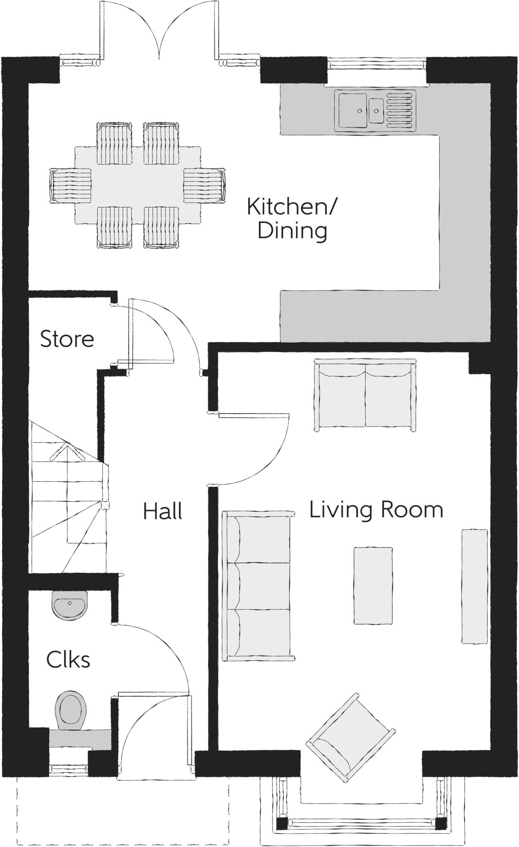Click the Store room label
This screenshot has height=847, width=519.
pos(67,339)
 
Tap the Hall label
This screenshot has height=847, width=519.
pos(163,512)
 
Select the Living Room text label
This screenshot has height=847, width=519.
pos(376,510)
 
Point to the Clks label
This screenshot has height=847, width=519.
pos(68,659)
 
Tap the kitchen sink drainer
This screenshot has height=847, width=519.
pos(399,110)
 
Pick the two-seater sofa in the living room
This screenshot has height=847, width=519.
pos(365,395)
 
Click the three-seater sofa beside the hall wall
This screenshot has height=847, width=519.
pos(258,586)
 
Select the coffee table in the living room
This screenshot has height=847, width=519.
pos(373,585)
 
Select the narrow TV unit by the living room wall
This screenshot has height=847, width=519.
pos(475,586)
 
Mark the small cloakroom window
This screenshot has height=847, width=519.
pos(69,770)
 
